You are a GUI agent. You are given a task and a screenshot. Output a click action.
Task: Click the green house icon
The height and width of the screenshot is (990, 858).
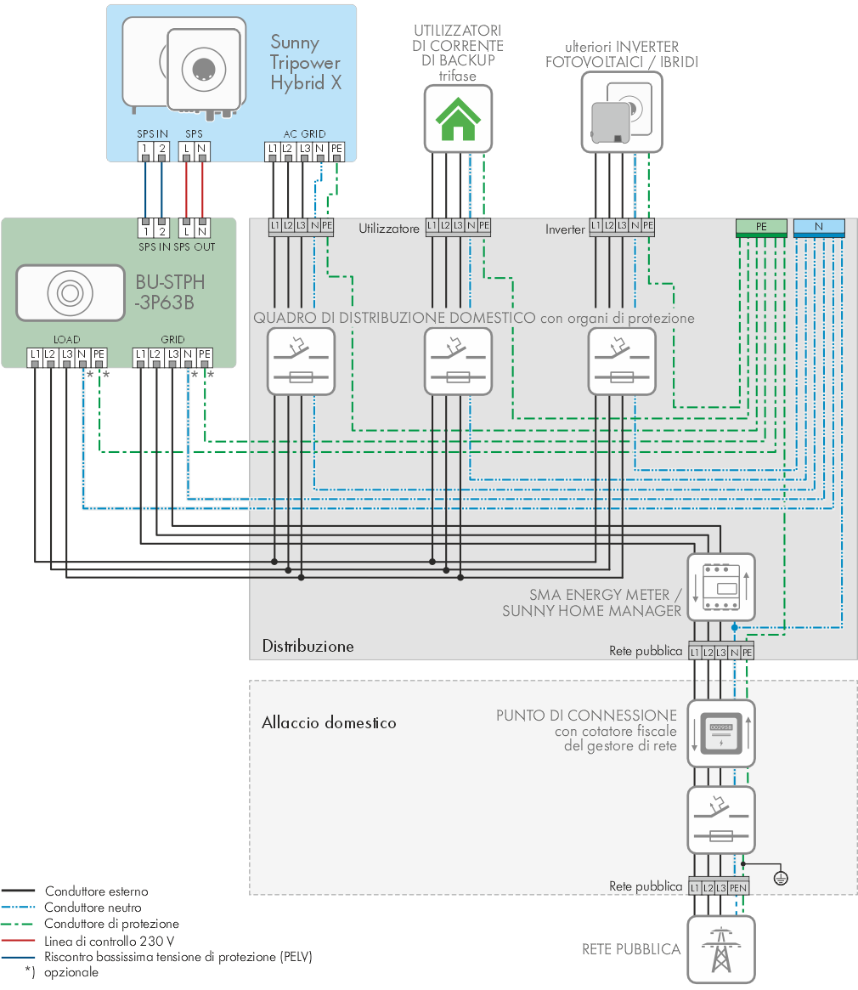point(458,119)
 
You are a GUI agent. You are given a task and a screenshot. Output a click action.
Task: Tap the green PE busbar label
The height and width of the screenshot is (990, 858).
point(761,227)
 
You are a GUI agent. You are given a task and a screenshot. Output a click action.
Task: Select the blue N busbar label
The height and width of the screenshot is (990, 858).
point(819,227)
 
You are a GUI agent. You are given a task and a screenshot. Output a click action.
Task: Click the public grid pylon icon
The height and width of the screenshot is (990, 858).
point(721,949)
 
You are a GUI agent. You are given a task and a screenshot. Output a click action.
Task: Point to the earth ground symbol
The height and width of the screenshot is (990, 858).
point(781,878)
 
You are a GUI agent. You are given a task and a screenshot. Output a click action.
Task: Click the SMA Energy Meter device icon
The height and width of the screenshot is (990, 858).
point(721,587)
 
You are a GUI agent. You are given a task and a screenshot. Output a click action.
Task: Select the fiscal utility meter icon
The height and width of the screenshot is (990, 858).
point(721,733)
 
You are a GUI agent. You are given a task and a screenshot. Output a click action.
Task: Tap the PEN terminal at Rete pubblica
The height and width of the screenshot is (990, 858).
point(738,888)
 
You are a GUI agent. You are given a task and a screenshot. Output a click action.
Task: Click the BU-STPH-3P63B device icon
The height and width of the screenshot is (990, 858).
point(70,293)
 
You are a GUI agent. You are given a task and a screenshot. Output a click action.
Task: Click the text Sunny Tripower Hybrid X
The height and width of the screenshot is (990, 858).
point(306,63)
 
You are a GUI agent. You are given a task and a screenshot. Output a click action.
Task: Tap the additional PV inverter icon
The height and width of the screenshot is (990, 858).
point(622,112)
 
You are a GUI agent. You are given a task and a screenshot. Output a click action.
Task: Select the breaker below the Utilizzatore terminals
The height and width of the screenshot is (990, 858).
point(458,362)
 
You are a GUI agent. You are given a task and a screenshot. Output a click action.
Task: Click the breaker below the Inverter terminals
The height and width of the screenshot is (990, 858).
point(622,362)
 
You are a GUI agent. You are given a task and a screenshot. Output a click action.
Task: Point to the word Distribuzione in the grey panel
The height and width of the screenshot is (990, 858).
point(308,646)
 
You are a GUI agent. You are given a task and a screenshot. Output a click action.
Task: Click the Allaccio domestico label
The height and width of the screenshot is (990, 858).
point(329,722)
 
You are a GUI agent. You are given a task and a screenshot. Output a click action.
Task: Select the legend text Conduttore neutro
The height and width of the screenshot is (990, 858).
point(93,908)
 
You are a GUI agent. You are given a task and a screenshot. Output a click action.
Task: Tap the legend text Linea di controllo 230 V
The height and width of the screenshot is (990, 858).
point(110,942)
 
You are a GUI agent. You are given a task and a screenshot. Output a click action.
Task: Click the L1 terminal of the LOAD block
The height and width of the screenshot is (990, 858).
point(35,356)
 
